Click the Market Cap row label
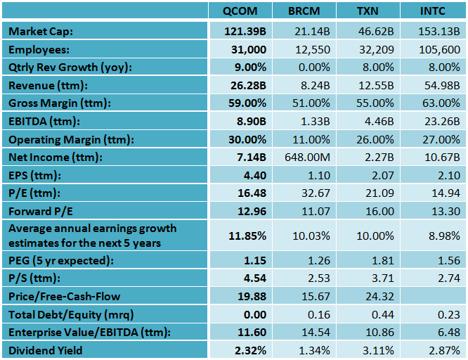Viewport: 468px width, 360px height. click(x=41, y=32)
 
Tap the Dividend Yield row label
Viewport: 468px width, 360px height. click(x=45, y=349)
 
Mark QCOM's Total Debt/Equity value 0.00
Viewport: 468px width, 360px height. click(x=253, y=314)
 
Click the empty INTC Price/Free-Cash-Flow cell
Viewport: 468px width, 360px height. click(x=431, y=296)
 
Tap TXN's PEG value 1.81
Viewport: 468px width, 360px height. click(x=379, y=259)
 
